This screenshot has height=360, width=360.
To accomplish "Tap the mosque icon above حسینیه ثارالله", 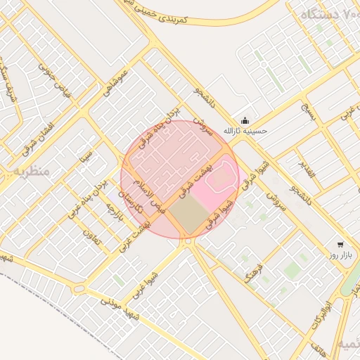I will [245, 120].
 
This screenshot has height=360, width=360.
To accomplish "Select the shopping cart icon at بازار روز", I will [340, 245].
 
